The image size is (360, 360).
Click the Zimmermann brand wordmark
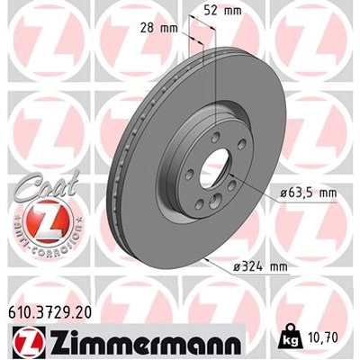click(129, 341)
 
